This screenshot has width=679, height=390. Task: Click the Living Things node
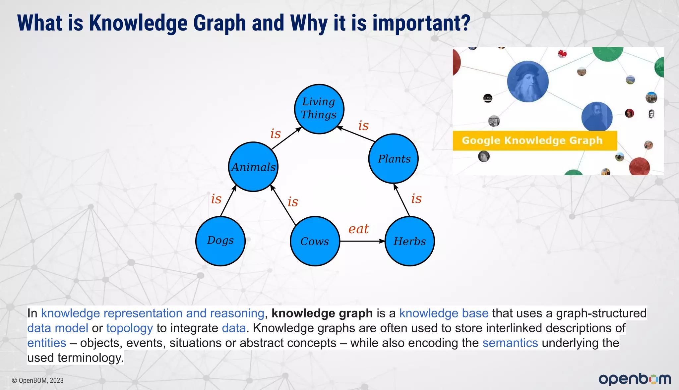click(319, 109)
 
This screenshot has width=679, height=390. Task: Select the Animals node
click(253, 167)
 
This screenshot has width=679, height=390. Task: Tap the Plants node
click(394, 159)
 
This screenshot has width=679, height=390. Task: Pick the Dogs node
click(220, 241)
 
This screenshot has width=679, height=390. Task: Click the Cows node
click(315, 241)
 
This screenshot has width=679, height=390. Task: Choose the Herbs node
click(410, 241)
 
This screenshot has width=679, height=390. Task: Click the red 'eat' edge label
click(358, 229)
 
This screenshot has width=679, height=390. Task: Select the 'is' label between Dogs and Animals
click(216, 199)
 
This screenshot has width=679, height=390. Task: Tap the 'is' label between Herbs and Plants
click(416, 198)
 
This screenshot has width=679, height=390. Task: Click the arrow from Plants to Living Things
click(356, 134)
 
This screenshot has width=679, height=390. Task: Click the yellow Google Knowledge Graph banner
click(534, 140)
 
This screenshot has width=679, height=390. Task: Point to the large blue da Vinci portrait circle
click(528, 82)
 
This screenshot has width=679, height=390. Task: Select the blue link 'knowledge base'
click(444, 313)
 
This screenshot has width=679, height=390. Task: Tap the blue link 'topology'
click(130, 328)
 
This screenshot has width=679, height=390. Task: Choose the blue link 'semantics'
click(510, 343)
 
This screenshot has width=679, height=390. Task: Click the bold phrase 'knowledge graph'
click(322, 313)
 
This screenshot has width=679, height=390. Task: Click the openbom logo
click(635, 379)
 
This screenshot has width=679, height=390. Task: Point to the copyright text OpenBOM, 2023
click(38, 380)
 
